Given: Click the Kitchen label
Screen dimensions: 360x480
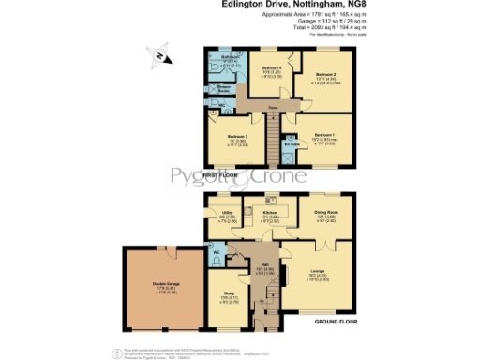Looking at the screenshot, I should point(270,213).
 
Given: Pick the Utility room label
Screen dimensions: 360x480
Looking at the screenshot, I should point(226,213).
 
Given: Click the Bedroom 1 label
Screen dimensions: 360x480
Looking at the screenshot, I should point(324,135).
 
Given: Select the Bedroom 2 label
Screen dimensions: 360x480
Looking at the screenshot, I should point(324,73).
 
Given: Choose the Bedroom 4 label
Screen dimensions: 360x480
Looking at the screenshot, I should point(271,67).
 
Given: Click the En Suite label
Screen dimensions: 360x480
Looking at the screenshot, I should point(292,144).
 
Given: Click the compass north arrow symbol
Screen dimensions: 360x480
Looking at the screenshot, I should point(160,58).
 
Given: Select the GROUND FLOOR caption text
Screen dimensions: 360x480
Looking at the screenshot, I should point(336,322).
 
